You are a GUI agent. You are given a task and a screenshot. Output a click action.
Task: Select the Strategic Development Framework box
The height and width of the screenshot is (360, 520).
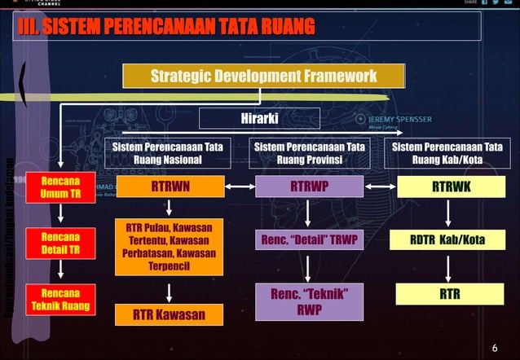(263, 76)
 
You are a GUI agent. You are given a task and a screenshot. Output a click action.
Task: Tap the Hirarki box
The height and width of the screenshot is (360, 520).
(259, 119)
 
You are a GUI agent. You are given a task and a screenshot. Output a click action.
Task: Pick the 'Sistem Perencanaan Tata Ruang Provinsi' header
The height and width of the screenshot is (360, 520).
(310, 153)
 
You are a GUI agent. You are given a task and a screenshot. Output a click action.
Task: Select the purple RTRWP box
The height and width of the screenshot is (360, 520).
(310, 187)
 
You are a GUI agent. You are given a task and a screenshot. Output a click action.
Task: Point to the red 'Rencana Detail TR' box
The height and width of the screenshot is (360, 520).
(61, 243)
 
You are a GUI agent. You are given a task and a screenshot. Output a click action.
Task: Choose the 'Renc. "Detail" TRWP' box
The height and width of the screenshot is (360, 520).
(310, 240)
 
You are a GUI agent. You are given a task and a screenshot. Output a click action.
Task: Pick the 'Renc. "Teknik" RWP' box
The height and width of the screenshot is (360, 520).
(310, 301)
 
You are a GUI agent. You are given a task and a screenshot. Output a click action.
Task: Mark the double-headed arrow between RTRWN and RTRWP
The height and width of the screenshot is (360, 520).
(240, 187)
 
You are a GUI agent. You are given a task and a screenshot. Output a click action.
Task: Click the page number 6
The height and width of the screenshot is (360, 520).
(494, 349)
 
